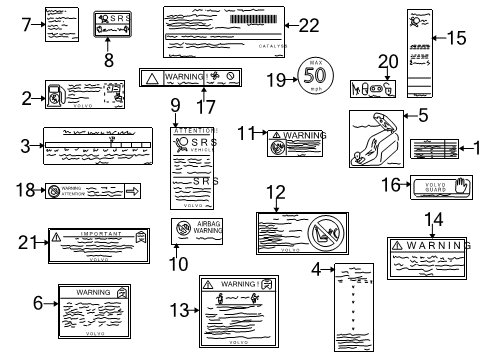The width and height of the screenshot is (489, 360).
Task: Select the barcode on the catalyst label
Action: coord(256,20)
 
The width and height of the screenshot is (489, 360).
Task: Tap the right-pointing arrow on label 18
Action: coord(132,190)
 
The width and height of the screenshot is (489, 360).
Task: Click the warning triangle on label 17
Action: coord(149,76)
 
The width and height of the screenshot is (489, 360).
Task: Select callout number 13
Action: coord(176,311)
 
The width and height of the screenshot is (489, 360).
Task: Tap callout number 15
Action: coord(456,37)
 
